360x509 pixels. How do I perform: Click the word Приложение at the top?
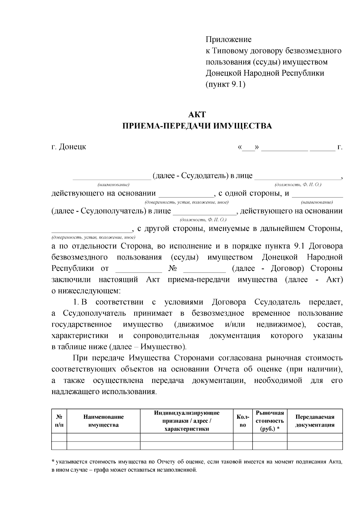click(228, 39)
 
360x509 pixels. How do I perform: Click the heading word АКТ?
click(197, 115)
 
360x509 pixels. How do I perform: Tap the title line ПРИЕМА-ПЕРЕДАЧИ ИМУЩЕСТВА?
click(197, 126)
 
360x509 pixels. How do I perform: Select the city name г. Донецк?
click(69, 147)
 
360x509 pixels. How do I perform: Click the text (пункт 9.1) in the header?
click(225, 85)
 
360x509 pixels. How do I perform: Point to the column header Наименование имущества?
click(103, 421)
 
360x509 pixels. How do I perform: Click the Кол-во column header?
click(243, 421)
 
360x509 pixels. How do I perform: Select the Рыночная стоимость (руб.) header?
click(270, 421)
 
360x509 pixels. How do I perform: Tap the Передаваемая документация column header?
click(315, 421)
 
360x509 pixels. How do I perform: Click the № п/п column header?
click(59, 421)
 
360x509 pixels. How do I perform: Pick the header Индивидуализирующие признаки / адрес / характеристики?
click(187, 421)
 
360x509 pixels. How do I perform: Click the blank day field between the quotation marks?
click(248, 148)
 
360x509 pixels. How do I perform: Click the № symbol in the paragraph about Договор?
click(172, 268)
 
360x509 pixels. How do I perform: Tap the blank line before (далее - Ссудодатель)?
click(112, 177)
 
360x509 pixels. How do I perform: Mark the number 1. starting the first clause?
click(76, 302)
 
